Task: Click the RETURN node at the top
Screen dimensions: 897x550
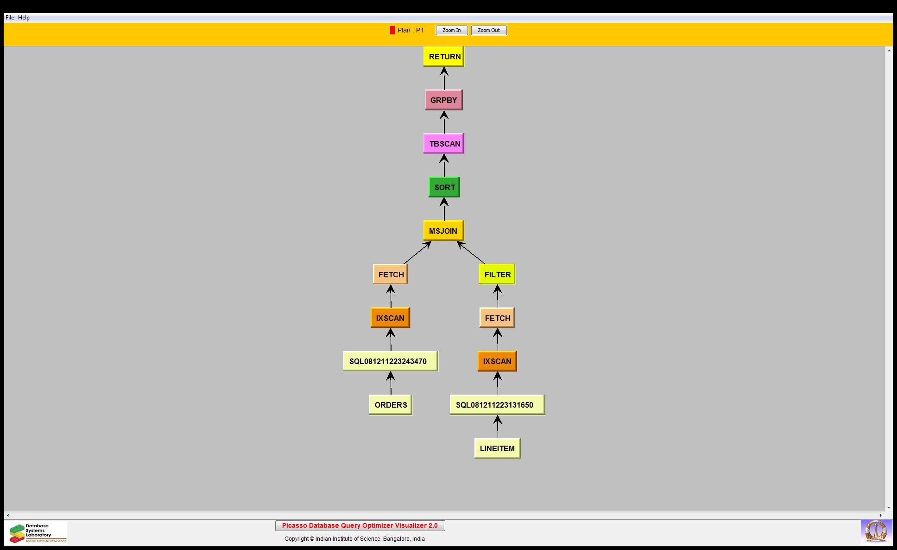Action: (444, 57)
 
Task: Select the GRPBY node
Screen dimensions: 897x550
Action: (444, 100)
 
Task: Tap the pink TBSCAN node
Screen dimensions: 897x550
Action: (444, 144)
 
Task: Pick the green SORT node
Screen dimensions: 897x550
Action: (444, 187)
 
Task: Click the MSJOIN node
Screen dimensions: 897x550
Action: (443, 231)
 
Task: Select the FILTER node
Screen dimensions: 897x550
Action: (497, 275)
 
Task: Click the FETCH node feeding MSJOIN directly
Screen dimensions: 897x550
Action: (391, 275)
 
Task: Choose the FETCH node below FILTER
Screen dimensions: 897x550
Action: (497, 318)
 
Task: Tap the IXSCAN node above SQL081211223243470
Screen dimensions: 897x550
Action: (391, 318)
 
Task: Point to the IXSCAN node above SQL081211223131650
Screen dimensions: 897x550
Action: (497, 361)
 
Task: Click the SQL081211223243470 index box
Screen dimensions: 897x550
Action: (391, 361)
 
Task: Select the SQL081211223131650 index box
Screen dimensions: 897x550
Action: (497, 405)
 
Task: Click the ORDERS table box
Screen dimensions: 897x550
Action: (391, 405)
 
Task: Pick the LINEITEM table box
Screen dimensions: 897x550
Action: (497, 448)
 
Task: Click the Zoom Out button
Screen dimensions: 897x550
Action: (489, 31)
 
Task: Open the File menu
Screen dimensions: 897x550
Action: (10, 18)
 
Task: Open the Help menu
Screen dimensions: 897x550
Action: (24, 18)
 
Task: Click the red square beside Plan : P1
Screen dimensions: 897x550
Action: (392, 30)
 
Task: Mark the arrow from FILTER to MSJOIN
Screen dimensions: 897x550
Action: (471, 253)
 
